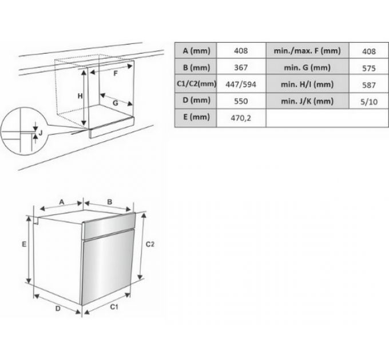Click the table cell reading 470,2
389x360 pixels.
click(241, 118)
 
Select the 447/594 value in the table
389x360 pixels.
click(241, 84)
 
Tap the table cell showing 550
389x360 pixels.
click(241, 101)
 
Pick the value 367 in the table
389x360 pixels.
click(241, 67)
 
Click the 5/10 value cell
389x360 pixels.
click(369, 102)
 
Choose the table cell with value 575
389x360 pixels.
click(369, 68)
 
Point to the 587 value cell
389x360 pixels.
click(369, 85)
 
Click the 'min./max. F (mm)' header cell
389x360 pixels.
click(307, 51)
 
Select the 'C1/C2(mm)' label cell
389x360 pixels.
click(196, 84)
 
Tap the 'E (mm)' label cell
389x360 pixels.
click(196, 117)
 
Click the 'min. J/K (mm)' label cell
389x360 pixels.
click(307, 101)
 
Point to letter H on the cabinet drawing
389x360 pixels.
click(80, 96)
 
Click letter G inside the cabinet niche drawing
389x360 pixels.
click(116, 103)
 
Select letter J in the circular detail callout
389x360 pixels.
click(41, 133)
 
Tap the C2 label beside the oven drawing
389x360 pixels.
click(150, 245)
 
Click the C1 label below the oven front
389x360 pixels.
click(114, 307)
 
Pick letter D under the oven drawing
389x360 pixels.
click(58, 309)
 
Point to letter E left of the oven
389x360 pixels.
click(24, 245)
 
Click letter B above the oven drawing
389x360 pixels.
click(109, 202)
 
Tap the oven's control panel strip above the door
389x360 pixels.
click(109, 226)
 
